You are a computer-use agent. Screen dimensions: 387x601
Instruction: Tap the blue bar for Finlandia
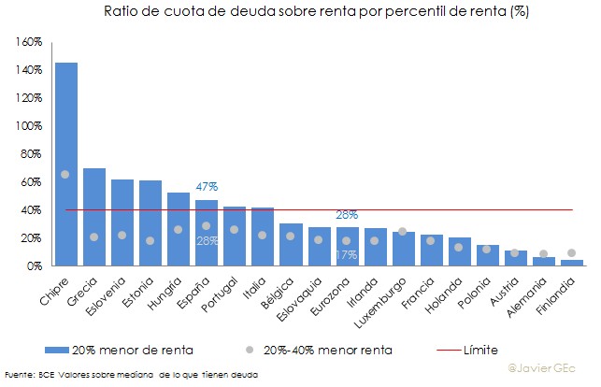(x=571, y=263)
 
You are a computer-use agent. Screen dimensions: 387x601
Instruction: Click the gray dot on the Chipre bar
(x=65, y=175)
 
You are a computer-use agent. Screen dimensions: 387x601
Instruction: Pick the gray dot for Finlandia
(x=571, y=252)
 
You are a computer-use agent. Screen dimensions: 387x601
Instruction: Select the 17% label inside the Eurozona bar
(x=347, y=254)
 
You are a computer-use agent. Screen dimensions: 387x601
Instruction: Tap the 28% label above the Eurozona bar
(x=347, y=215)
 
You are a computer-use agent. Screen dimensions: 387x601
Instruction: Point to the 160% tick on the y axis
(x=30, y=42)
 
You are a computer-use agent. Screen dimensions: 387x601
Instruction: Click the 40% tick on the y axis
(x=32, y=210)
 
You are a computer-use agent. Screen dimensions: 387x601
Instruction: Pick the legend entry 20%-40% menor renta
(x=322, y=350)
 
